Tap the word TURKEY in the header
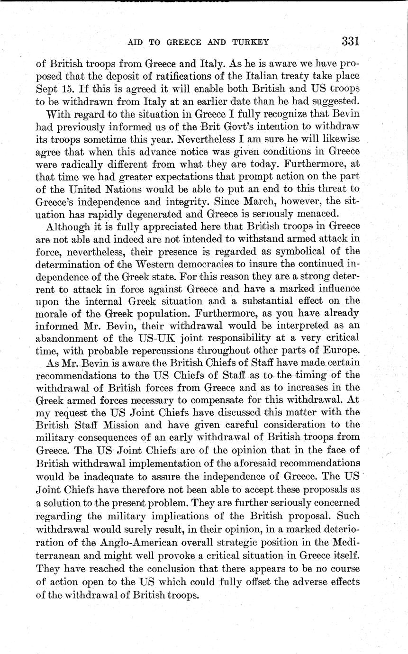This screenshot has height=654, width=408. point(250,42)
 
